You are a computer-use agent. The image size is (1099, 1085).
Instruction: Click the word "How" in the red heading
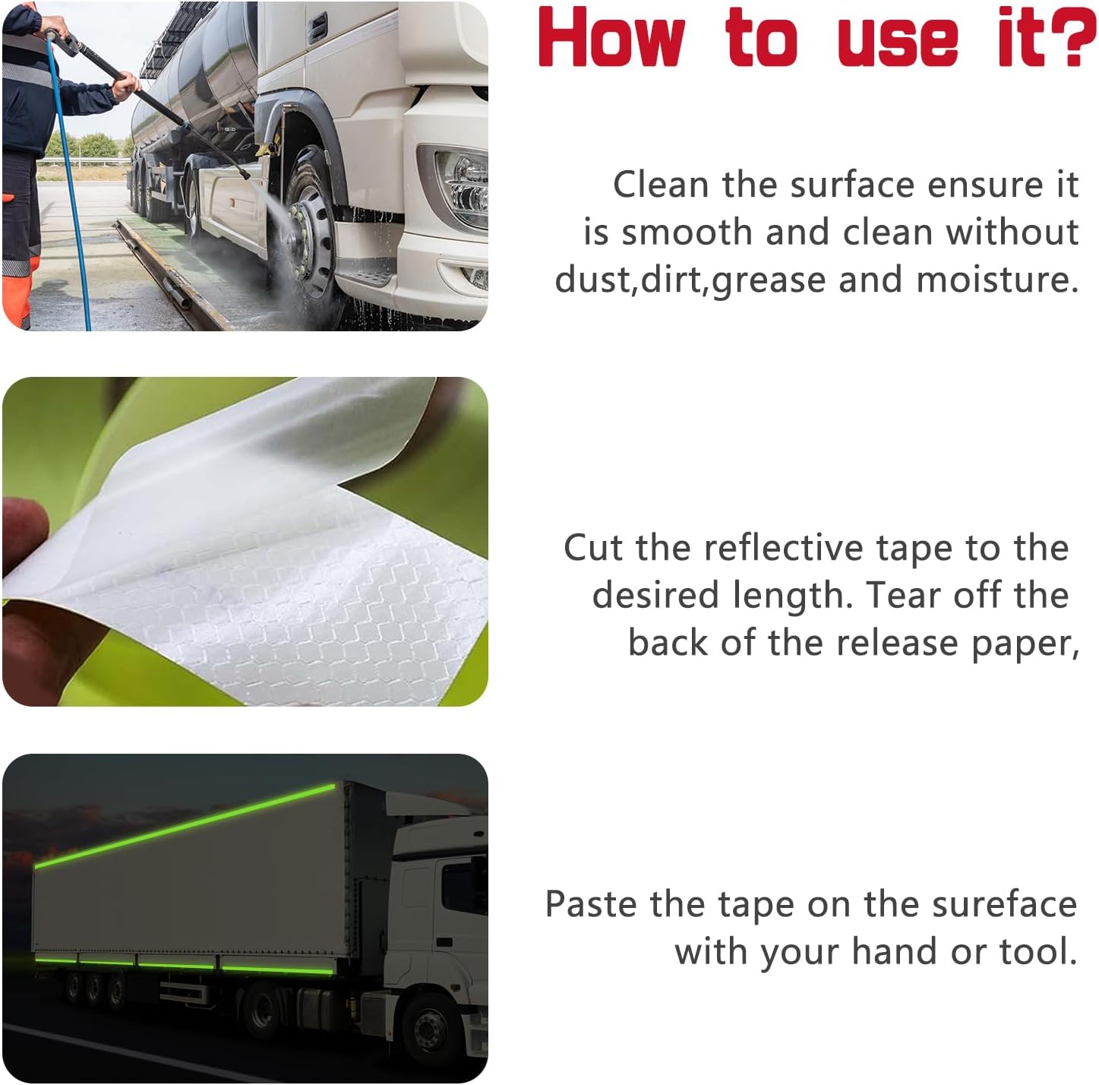[611, 38]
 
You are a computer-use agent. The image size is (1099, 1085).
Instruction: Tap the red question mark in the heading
[1073, 38]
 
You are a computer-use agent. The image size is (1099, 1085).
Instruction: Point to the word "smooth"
[687, 232]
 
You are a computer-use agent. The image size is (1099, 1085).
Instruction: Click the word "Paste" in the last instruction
[590, 905]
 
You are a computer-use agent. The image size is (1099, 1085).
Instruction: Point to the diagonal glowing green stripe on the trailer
[185, 826]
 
